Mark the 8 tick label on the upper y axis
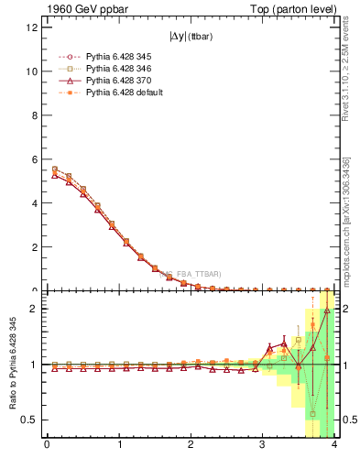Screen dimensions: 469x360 pos(34,115)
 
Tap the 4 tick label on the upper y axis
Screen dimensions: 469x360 pos(34,202)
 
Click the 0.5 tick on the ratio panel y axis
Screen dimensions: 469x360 pos(29,420)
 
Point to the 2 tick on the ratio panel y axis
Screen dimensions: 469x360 pos(34,309)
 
